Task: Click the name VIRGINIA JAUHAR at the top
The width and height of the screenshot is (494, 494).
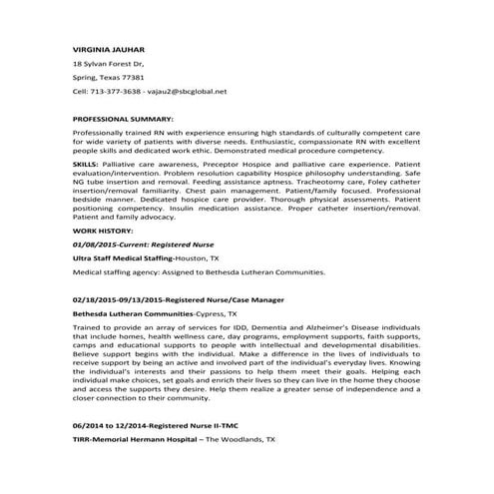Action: point(107,48)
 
